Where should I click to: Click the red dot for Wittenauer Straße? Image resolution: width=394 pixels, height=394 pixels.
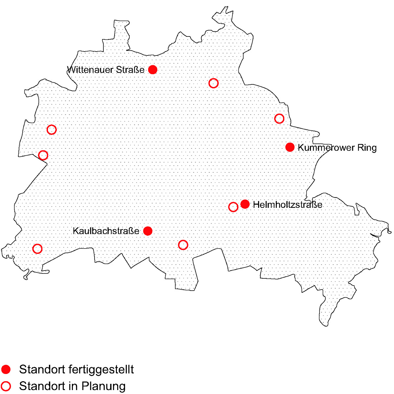pyautogui.click(x=152, y=70)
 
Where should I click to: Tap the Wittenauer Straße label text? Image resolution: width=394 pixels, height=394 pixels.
pyautogui.click(x=106, y=70)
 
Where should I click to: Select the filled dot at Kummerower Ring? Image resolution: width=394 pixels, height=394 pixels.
pyautogui.click(x=290, y=147)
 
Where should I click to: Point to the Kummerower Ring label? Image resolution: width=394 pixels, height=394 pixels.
pyautogui.click(x=337, y=148)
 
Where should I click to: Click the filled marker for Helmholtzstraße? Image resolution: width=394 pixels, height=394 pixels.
pyautogui.click(x=245, y=204)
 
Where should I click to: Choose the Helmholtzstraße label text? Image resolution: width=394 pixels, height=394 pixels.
pyautogui.click(x=288, y=205)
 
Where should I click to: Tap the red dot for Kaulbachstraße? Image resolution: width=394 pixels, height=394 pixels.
pyautogui.click(x=148, y=231)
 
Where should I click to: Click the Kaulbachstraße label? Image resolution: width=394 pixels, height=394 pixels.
pyautogui.click(x=106, y=231)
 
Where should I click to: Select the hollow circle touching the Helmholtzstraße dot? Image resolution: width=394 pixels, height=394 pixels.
pyautogui.click(x=233, y=207)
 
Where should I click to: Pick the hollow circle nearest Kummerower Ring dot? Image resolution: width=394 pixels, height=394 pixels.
pyautogui.click(x=279, y=119)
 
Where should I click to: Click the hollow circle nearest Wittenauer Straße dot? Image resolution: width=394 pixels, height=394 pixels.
pyautogui.click(x=213, y=83)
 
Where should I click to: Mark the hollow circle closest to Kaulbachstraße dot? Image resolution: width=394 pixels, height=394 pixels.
pyautogui.click(x=183, y=245)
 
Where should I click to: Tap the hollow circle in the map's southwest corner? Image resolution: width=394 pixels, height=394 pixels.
pyautogui.click(x=37, y=249)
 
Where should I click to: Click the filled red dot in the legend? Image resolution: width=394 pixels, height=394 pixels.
pyautogui.click(x=6, y=369)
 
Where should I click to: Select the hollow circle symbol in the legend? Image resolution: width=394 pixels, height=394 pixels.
pyautogui.click(x=6, y=386)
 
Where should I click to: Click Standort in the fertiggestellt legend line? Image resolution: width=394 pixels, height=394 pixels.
pyautogui.click(x=42, y=370)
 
